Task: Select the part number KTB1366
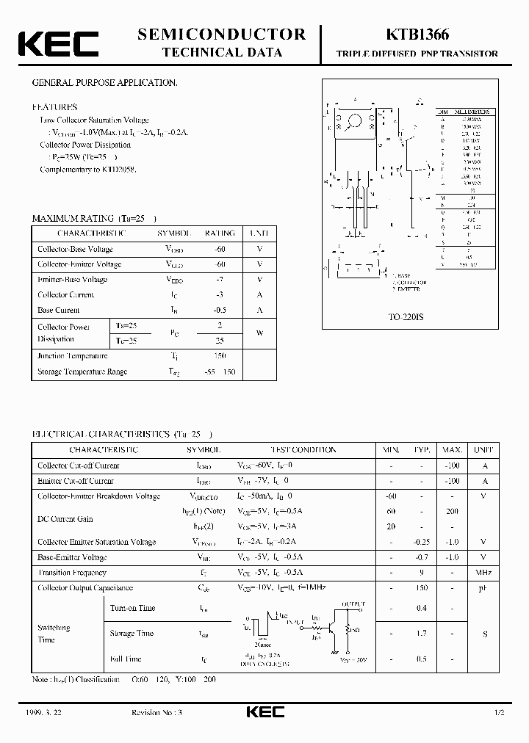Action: pyautogui.click(x=417, y=35)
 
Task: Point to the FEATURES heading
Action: pyautogui.click(x=54, y=106)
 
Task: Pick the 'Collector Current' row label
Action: pyautogui.click(x=65, y=295)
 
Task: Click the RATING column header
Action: pyautogui.click(x=220, y=233)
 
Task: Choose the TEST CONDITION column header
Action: pyautogui.click(x=305, y=449)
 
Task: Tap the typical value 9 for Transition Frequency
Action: pyautogui.click(x=420, y=573)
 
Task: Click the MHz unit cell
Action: pyautogui.click(x=483, y=573)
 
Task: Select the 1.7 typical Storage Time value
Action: pyautogui.click(x=420, y=633)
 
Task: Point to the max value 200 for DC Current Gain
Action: pyautogui.click(x=452, y=511)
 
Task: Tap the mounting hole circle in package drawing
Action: pyautogui.click(x=356, y=121)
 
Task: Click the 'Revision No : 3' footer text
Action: pyautogui.click(x=162, y=713)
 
